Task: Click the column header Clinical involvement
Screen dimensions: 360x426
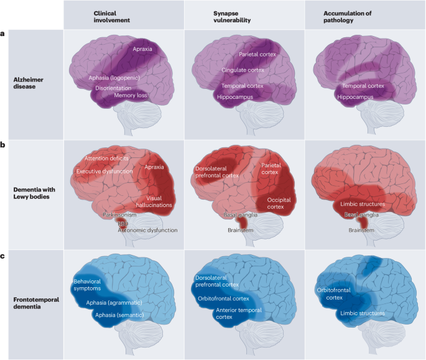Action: click(112, 16)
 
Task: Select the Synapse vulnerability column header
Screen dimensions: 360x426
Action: click(228, 16)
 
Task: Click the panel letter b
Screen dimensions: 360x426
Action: click(4, 144)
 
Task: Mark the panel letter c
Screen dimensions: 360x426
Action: click(4, 254)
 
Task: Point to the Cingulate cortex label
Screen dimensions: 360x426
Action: click(243, 70)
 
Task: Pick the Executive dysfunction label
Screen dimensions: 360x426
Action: click(104, 171)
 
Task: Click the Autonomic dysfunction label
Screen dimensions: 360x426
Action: click(148, 230)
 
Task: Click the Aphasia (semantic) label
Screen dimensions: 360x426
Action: click(122, 315)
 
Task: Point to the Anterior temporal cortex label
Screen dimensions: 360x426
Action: click(238, 313)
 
